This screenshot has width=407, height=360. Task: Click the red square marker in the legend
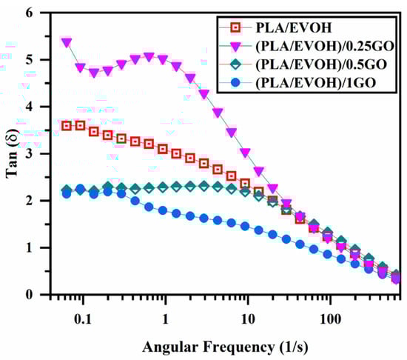click(x=235, y=28)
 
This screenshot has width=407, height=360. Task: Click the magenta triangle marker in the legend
click(x=235, y=46)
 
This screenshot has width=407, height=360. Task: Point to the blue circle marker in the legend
click(x=235, y=81)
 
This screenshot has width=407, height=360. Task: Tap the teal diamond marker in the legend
click(x=235, y=64)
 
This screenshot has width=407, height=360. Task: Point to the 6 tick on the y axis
click(x=30, y=13)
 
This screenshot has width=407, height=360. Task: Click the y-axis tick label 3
click(x=30, y=153)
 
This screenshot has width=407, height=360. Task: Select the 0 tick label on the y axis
click(x=30, y=294)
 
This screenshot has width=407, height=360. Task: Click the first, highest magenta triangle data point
click(x=67, y=42)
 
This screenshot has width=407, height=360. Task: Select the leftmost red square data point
click(x=67, y=126)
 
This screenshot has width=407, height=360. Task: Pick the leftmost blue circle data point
click(x=67, y=193)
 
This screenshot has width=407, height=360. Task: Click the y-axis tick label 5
click(x=30, y=59)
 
